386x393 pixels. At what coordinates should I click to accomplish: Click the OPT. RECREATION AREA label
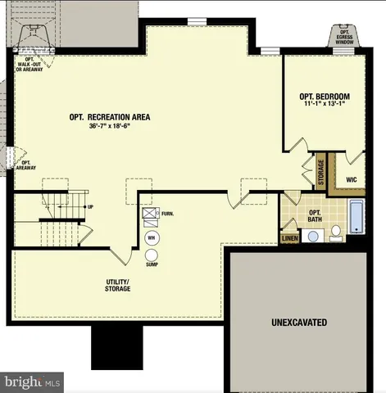pyautogui.click(x=110, y=117)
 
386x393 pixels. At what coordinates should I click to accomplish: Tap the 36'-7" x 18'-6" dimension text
pyautogui.click(x=110, y=126)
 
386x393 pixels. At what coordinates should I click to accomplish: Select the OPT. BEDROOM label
pyautogui.click(x=325, y=97)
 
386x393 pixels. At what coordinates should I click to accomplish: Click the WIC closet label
pyautogui.click(x=352, y=179)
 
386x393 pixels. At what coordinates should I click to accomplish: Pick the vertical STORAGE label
pyautogui.click(x=321, y=172)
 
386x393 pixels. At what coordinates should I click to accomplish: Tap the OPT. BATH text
pyautogui.click(x=314, y=216)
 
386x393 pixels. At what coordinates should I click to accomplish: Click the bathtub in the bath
pyautogui.click(x=356, y=216)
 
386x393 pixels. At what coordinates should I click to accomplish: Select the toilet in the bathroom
pyautogui.click(x=336, y=235)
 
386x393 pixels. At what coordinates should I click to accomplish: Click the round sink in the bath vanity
pyautogui.click(x=313, y=236)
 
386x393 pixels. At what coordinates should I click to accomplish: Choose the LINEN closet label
pyautogui.click(x=289, y=239)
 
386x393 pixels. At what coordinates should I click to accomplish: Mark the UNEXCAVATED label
pyautogui.click(x=299, y=323)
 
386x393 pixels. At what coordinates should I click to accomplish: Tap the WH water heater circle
pyautogui.click(x=152, y=237)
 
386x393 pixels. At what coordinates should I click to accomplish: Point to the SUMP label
pyautogui.click(x=152, y=264)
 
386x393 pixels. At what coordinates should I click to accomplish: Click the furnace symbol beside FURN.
pyautogui.click(x=149, y=215)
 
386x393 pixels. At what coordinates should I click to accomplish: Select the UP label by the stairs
pyautogui.click(x=90, y=206)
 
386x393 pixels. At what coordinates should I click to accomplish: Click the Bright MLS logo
pyautogui.click(x=31, y=382)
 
